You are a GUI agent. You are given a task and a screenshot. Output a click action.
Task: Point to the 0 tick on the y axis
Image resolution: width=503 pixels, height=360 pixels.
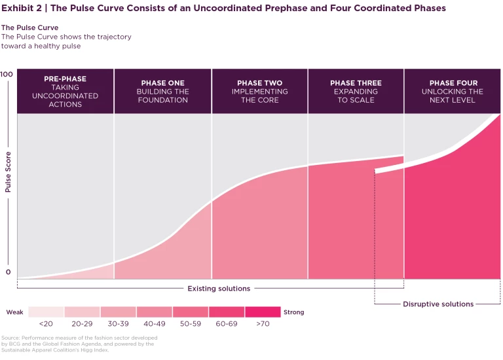click(9, 272)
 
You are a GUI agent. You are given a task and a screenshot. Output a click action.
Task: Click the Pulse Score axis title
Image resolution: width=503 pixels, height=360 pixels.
click(9, 172)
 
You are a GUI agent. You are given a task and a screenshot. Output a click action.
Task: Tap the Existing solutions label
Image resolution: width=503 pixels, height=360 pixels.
click(219, 289)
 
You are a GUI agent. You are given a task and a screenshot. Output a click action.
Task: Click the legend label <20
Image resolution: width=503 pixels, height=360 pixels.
click(46, 323)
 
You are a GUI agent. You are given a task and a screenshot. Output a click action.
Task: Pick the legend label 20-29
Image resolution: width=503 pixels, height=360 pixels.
click(82, 323)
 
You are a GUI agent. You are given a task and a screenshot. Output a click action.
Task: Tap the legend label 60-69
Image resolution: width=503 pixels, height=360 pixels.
click(226, 323)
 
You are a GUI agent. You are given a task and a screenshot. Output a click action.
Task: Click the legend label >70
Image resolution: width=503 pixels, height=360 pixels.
click(263, 323)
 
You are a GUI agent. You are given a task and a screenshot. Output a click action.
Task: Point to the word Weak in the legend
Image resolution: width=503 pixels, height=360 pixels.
click(15, 312)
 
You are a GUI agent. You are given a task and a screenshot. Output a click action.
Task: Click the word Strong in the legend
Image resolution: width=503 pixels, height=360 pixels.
click(294, 312)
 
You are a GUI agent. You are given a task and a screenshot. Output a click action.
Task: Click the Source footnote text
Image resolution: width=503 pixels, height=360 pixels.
click(79, 344)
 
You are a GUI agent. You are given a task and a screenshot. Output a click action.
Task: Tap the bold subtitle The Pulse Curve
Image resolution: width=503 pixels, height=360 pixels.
click(29, 28)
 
